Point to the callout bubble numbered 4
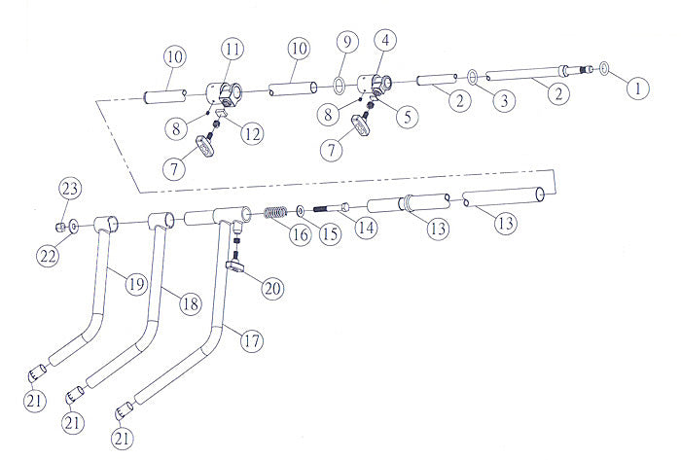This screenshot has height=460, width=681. (386, 41)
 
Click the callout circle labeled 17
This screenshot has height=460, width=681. (250, 341)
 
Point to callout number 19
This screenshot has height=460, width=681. (134, 284)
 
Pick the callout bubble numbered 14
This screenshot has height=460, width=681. (366, 230)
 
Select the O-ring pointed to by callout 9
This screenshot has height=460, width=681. (338, 84)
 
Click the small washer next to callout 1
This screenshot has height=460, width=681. (604, 69)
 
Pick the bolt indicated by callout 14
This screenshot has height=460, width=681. (331, 206)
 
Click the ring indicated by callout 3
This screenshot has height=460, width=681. (472, 75)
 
